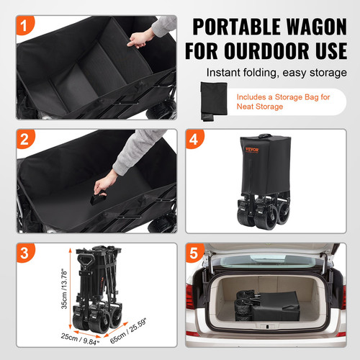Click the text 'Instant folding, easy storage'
274,73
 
